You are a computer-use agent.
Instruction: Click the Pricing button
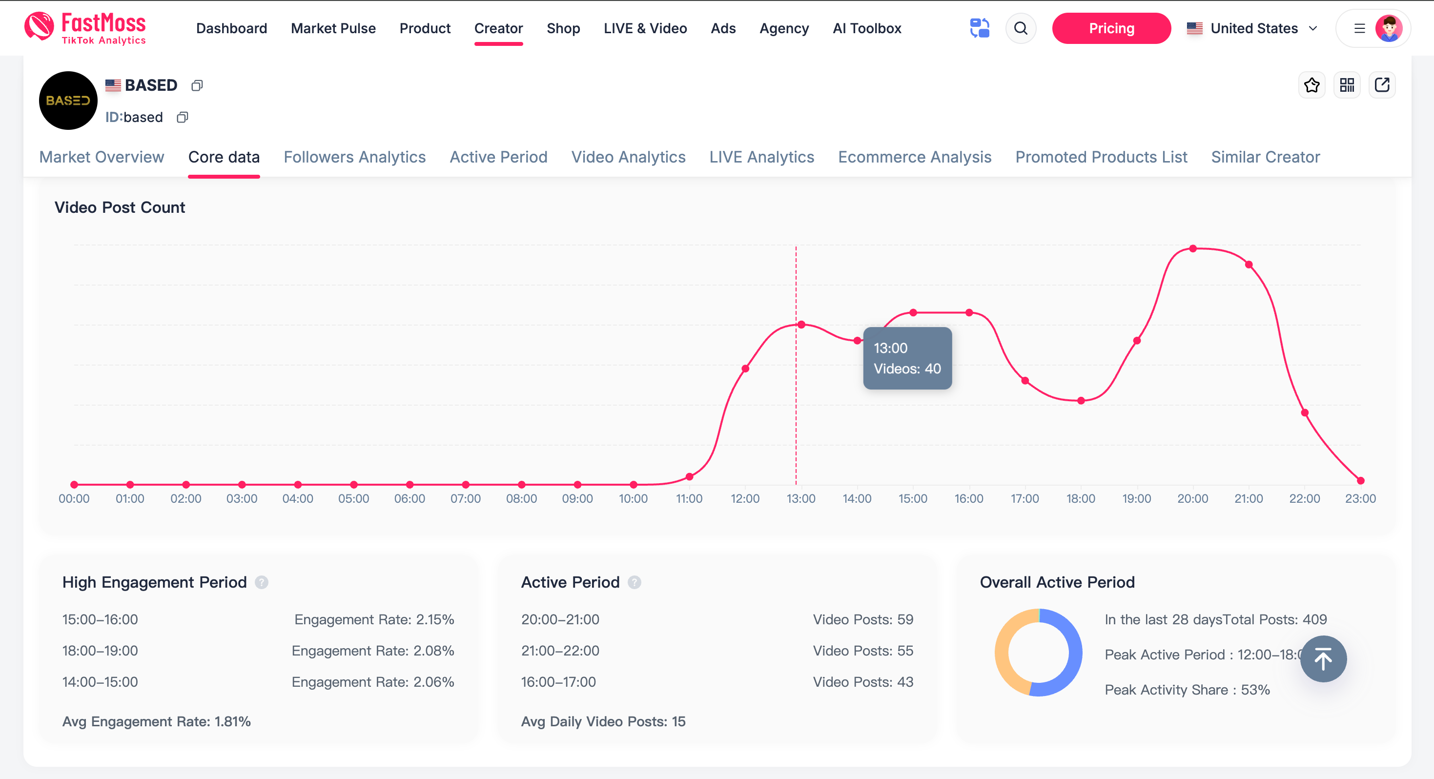tap(1110, 28)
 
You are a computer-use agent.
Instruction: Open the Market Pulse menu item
tap(333, 28)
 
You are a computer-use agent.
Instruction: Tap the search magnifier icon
tap(1021, 28)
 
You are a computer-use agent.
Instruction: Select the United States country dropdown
tap(1252, 28)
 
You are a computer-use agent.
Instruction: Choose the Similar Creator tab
tap(1265, 157)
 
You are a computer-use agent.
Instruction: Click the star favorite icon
tap(1311, 85)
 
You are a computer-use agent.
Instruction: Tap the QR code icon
tap(1347, 85)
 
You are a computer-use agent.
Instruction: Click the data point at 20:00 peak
tap(1192, 249)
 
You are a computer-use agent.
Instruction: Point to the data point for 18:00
tap(1081, 401)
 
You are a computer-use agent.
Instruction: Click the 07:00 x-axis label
tap(465, 499)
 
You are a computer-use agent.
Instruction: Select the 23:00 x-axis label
tap(1360, 499)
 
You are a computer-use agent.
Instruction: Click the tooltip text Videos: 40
tap(907, 369)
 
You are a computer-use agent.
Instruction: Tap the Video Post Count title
tap(120, 208)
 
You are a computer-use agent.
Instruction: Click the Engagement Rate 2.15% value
tap(374, 619)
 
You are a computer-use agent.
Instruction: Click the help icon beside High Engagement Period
tap(262, 582)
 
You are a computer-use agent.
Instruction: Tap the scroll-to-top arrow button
tap(1323, 659)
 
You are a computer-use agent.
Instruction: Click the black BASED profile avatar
tap(68, 101)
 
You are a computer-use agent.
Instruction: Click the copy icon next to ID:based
tap(182, 118)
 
